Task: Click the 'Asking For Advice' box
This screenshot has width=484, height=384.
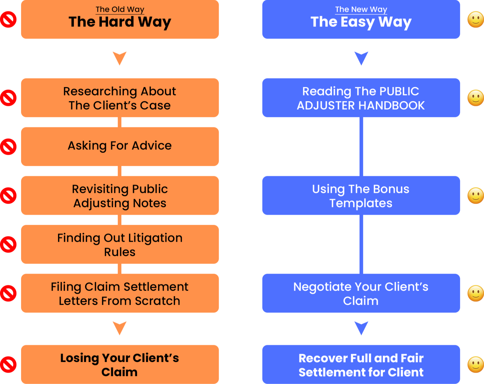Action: pyautogui.click(x=120, y=146)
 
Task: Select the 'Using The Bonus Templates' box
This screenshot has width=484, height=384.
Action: pyautogui.click(x=361, y=195)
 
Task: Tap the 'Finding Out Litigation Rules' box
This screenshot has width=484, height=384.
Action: pyautogui.click(x=120, y=244)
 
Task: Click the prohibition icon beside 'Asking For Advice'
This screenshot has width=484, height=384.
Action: pyautogui.click(x=8, y=147)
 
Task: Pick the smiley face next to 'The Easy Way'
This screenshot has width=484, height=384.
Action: pyautogui.click(x=475, y=19)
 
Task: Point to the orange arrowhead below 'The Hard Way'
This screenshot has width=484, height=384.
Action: pyautogui.click(x=119, y=58)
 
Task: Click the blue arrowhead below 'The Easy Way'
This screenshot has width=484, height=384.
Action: pyautogui.click(x=361, y=58)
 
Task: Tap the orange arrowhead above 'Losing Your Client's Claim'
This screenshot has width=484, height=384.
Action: pyautogui.click(x=119, y=328)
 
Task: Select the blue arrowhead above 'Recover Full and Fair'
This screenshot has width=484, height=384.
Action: pyautogui.click(x=361, y=328)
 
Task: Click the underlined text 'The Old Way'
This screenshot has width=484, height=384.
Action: pyautogui.click(x=120, y=10)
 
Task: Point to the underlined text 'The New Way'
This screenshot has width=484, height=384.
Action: pyautogui.click(x=361, y=10)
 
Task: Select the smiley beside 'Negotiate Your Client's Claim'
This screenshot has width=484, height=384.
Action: pyautogui.click(x=475, y=293)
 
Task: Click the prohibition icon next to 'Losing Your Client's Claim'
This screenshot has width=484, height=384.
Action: pyautogui.click(x=8, y=365)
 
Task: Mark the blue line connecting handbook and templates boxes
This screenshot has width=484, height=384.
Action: pyautogui.click(x=361, y=146)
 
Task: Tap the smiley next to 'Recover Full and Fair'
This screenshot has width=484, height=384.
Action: pyautogui.click(x=475, y=365)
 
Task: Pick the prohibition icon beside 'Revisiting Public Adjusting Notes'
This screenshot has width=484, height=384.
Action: pyautogui.click(x=8, y=195)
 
